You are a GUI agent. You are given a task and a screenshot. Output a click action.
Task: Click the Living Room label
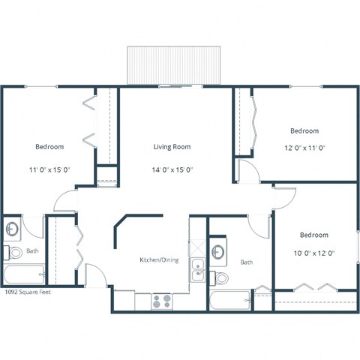click(x=173, y=147)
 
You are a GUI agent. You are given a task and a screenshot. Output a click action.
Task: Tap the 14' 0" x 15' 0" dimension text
click(x=173, y=169)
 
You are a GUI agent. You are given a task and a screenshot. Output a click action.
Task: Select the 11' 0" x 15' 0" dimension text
click(x=49, y=169)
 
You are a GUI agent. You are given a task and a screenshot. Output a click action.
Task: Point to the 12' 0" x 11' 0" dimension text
click(x=304, y=148)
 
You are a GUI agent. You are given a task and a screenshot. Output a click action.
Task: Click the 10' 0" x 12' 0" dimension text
click(x=313, y=253)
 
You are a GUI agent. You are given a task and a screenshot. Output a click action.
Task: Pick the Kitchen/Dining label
click(x=159, y=260)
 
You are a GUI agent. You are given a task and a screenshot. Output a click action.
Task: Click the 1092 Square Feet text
click(x=28, y=292)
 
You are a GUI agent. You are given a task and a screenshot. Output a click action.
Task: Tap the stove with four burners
click(x=161, y=301)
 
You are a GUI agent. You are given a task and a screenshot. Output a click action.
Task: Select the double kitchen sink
click(x=197, y=269)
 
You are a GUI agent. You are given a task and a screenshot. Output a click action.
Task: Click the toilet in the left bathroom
click(x=13, y=251)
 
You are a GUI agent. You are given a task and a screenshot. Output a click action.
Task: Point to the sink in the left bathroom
click(x=12, y=228)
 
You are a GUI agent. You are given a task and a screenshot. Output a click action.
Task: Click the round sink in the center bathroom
click(x=219, y=251)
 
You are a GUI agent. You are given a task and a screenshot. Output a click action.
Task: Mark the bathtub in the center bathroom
click(x=229, y=301)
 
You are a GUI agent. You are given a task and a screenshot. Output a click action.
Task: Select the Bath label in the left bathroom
click(x=32, y=251)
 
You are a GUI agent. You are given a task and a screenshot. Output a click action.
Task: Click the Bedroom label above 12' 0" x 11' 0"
click(x=304, y=130)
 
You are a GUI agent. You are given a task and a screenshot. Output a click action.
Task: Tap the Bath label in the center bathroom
click(x=247, y=262)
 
